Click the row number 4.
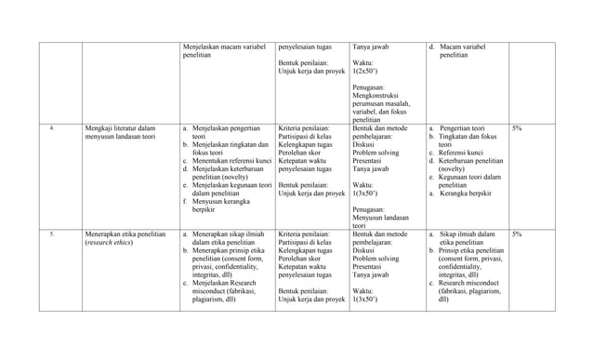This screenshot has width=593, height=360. coord(53,127)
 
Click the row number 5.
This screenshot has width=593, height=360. coord(53,234)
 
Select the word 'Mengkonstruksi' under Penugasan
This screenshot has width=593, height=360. coord(377,93)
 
